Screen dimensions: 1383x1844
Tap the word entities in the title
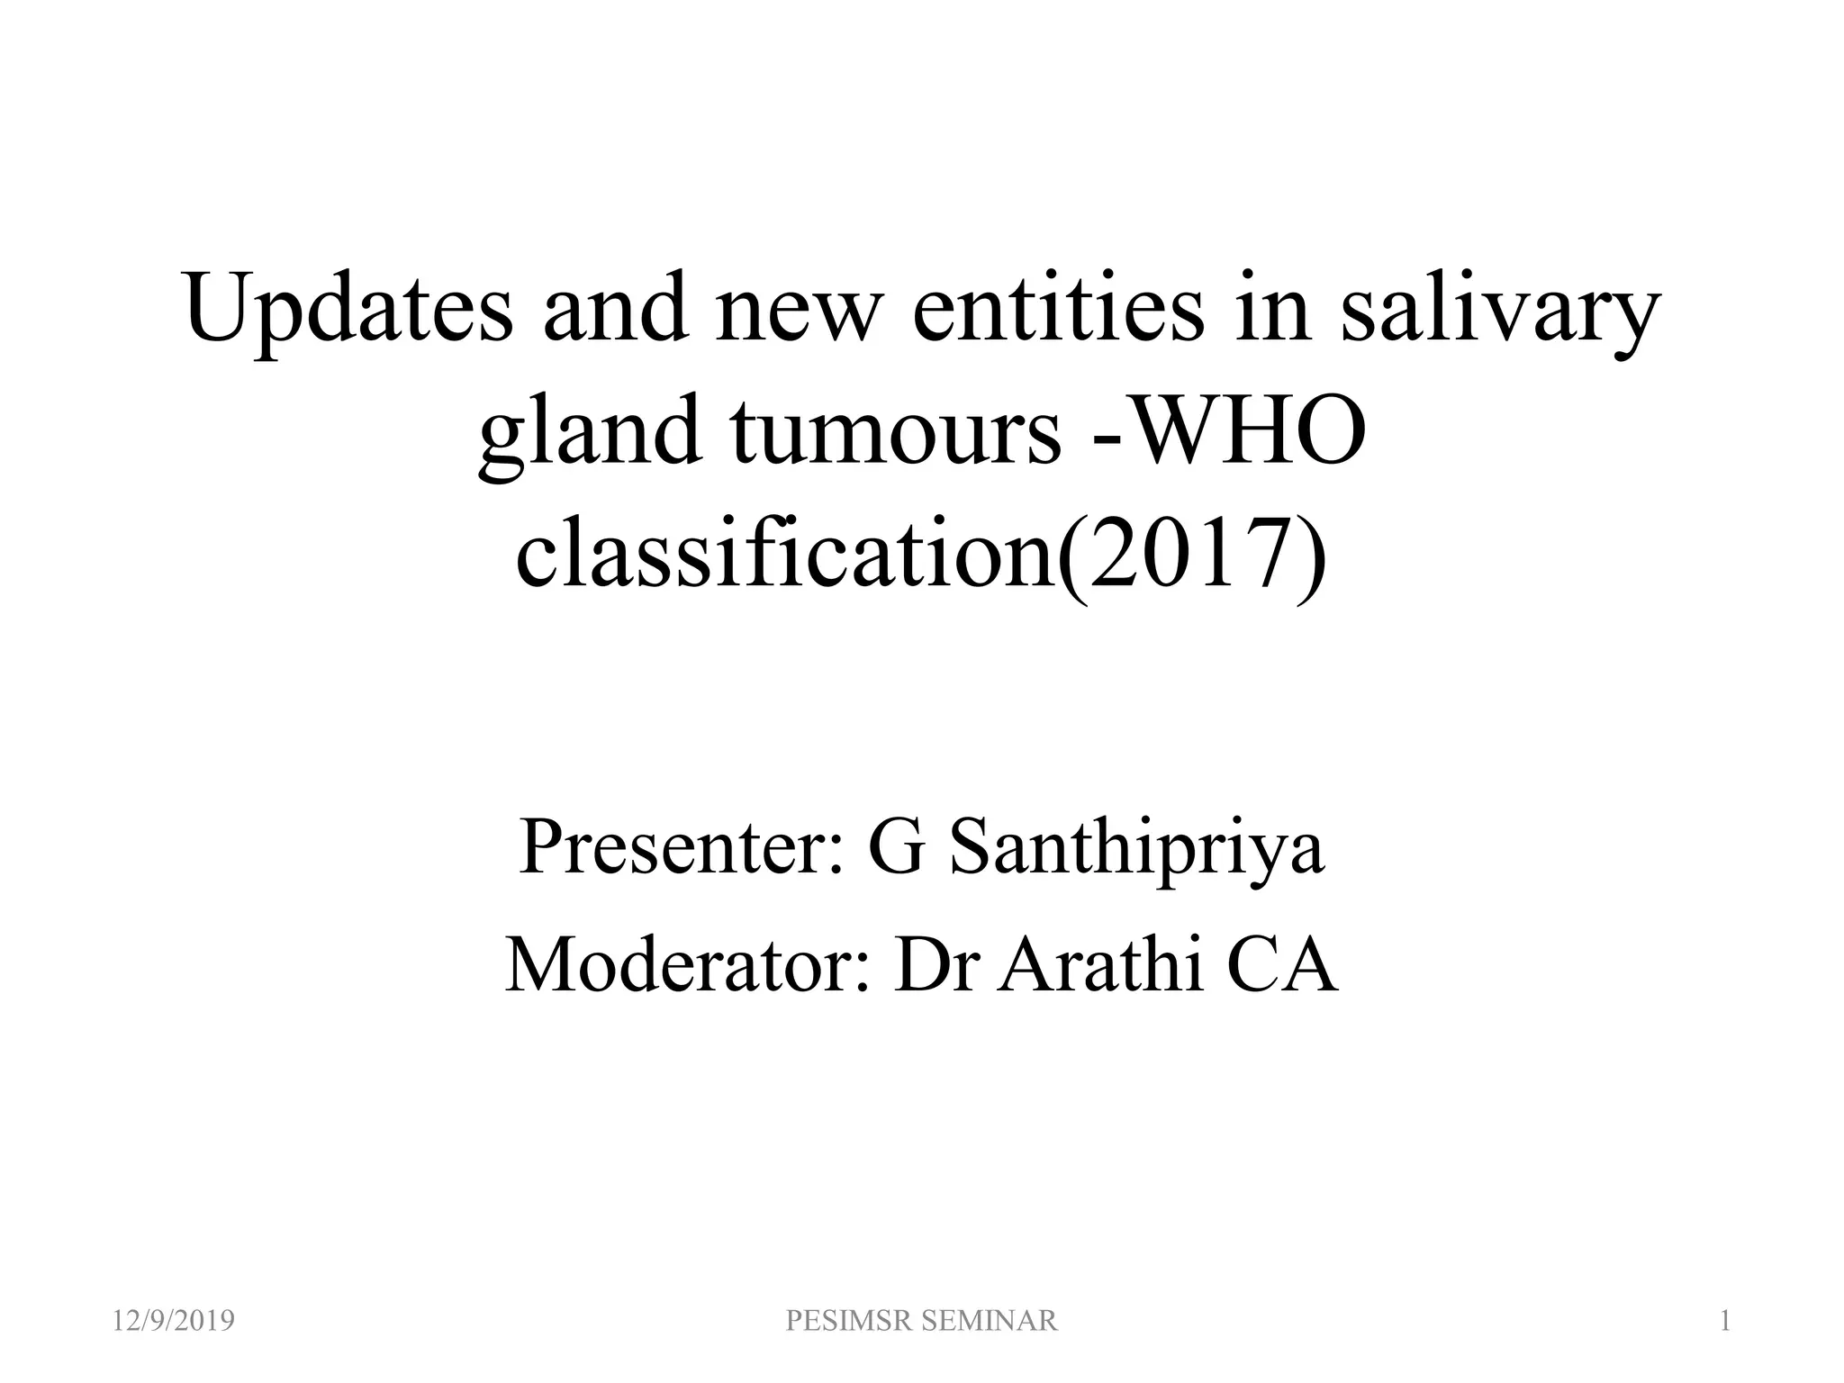click(1058, 311)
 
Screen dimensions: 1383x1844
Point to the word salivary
click(1498, 311)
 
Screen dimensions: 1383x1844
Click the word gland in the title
click(590, 432)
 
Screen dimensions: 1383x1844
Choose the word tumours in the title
click(897, 432)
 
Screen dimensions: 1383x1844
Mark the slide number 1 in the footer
click(1725, 1321)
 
